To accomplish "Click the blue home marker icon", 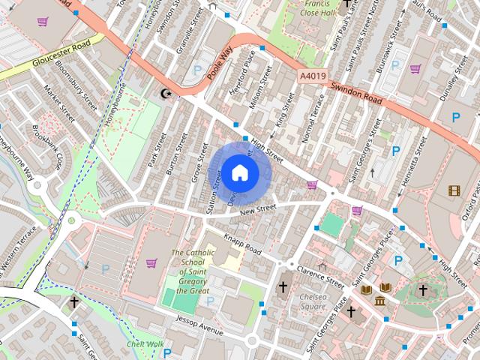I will tap(239, 172).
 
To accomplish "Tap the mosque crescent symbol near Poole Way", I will tap(166, 93).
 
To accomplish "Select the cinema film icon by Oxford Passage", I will tap(454, 190).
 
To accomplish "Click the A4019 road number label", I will tap(312, 76).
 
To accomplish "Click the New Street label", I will tap(259, 211).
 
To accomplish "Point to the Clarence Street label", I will tap(320, 277).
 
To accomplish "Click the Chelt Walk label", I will tap(145, 344).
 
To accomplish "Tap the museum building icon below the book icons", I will tap(380, 301).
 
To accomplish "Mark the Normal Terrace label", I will tap(316, 117).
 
